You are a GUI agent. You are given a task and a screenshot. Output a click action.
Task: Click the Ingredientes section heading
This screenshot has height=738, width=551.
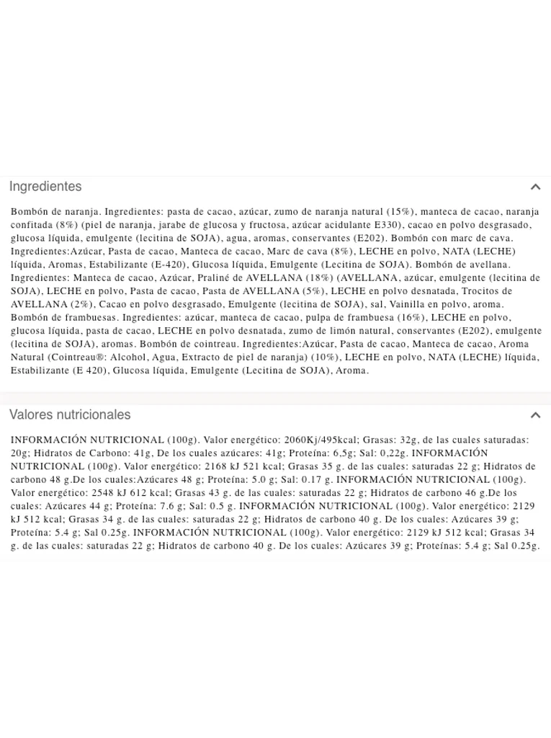45,187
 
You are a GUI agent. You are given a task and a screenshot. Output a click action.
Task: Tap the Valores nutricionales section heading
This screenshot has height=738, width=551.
70,415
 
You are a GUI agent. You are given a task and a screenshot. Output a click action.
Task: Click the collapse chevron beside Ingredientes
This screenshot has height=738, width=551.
535,187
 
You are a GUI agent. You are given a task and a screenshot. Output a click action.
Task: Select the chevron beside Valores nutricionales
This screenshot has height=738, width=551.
535,415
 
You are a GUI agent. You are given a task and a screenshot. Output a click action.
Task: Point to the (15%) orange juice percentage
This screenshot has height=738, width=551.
401,212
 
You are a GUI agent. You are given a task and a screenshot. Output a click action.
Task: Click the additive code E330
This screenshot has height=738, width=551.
372,225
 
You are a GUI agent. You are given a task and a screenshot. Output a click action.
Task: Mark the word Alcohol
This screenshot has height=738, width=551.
130,357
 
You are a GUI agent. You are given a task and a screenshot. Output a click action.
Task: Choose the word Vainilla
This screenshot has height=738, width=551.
413,305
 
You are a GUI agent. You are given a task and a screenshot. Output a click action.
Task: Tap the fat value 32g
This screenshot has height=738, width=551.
408,440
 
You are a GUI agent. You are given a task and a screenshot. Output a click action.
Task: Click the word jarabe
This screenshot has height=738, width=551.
176,225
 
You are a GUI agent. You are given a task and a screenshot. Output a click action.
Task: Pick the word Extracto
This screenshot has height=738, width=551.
205,357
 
